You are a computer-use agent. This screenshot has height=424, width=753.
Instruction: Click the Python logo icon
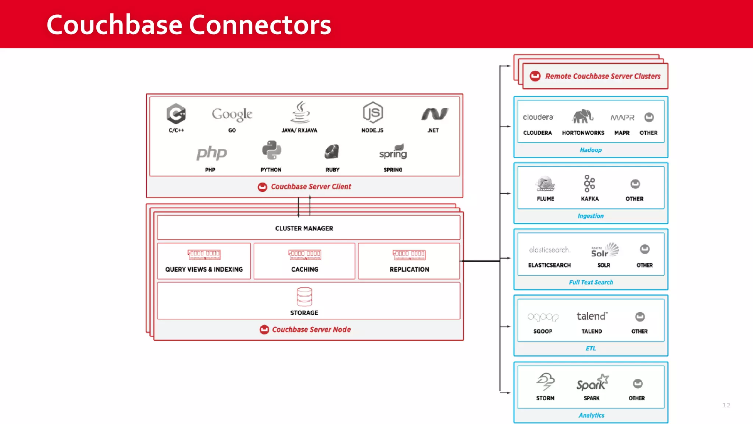point(272,151)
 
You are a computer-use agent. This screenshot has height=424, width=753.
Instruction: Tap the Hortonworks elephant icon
point(582,117)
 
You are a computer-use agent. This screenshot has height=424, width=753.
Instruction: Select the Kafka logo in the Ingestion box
point(589,184)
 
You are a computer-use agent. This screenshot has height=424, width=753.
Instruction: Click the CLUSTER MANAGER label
point(304,229)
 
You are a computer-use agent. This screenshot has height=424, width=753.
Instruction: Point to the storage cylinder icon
point(304,297)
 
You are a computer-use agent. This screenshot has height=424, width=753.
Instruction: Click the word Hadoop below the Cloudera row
point(591,150)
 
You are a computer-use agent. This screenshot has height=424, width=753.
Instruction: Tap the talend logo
point(592,316)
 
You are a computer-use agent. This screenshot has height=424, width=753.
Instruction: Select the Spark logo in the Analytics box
point(592,383)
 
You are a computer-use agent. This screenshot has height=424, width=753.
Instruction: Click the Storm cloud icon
point(545,382)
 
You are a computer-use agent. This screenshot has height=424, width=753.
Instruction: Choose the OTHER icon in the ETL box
point(640,317)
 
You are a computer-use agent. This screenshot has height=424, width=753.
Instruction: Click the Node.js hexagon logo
point(372,113)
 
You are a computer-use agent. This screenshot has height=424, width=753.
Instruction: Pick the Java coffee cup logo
point(300,112)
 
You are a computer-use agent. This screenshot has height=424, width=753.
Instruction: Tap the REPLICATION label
point(409,269)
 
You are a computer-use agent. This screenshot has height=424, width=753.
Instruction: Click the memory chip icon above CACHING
point(305,254)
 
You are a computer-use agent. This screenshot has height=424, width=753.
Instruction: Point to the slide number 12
point(726,405)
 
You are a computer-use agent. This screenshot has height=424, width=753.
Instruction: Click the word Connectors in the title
point(260,25)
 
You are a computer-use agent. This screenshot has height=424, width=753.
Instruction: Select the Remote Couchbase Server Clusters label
point(603,77)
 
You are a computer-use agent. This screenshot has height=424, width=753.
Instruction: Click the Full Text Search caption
point(591,282)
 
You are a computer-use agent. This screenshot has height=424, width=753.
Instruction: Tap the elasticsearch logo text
point(550,250)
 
